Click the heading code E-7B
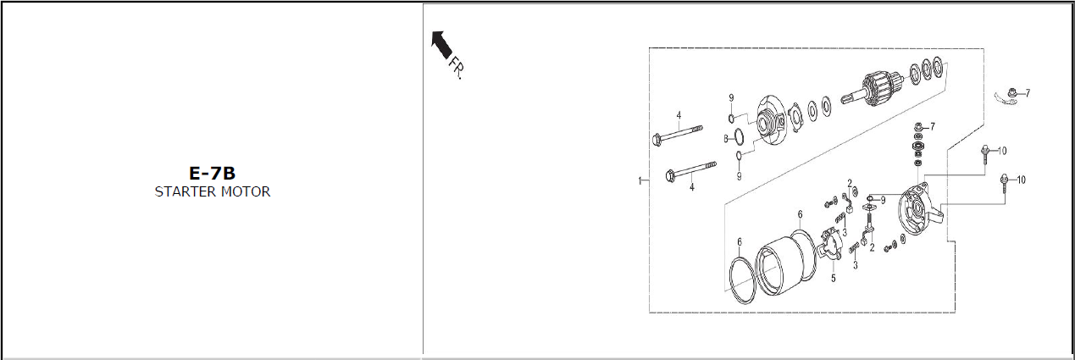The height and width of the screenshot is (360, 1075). click(x=212, y=173)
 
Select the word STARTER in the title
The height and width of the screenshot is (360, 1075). click(x=185, y=192)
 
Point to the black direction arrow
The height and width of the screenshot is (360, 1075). click(x=441, y=42)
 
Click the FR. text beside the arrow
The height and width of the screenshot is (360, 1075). click(x=457, y=68)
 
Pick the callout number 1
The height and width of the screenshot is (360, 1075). click(x=640, y=181)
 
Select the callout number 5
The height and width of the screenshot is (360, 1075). click(x=833, y=279)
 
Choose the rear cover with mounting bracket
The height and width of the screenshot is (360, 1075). click(x=919, y=210)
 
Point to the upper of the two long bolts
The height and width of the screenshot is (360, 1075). click(x=677, y=134)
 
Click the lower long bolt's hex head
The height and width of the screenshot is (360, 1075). click(x=672, y=175)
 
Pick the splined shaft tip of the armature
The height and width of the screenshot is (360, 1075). click(x=851, y=98)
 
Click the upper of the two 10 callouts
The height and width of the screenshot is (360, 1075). click(x=1002, y=151)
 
